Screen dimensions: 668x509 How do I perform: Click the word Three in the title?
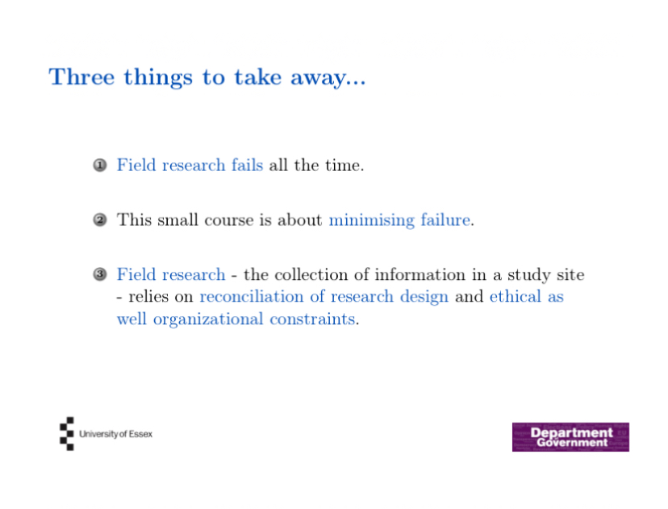(x=81, y=77)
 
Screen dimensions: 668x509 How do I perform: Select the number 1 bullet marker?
(x=100, y=165)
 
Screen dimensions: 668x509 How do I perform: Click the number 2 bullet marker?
(x=100, y=219)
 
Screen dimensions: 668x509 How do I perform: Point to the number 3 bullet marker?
(x=100, y=274)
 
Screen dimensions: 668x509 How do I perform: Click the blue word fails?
(x=247, y=165)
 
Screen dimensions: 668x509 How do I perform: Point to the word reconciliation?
(x=252, y=296)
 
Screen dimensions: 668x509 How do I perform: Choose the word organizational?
(x=208, y=319)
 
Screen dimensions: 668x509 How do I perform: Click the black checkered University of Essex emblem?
(x=67, y=434)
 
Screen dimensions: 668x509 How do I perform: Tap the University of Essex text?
(x=116, y=434)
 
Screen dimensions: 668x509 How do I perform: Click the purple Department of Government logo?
(x=570, y=437)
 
